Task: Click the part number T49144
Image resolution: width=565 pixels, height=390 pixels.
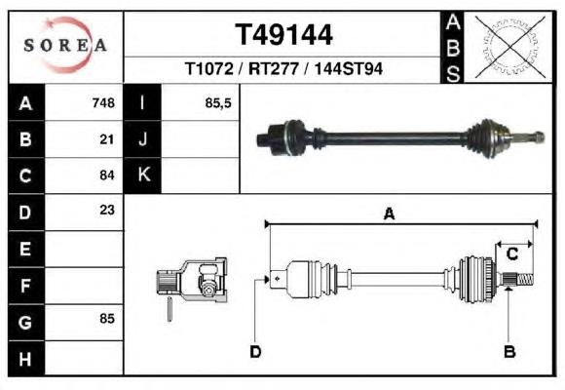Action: pyautogui.click(x=283, y=35)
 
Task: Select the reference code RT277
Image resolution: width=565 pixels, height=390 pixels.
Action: pyautogui.click(x=274, y=68)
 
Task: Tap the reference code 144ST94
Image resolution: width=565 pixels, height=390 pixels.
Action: pyautogui.click(x=348, y=68)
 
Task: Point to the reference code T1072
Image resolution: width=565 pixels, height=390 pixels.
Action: pyautogui.click(x=209, y=68)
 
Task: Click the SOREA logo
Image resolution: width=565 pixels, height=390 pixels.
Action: pyautogui.click(x=65, y=45)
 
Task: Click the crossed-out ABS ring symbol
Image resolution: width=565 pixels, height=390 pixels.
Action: pyautogui.click(x=509, y=47)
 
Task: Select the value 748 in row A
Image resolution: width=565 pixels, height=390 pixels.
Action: pyautogui.click(x=103, y=103)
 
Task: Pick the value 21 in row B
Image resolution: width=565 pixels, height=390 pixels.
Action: pyautogui.click(x=107, y=139)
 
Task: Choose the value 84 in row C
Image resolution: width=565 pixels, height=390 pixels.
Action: pyautogui.click(x=107, y=175)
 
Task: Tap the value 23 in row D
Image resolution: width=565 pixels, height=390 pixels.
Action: pyautogui.click(x=107, y=210)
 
